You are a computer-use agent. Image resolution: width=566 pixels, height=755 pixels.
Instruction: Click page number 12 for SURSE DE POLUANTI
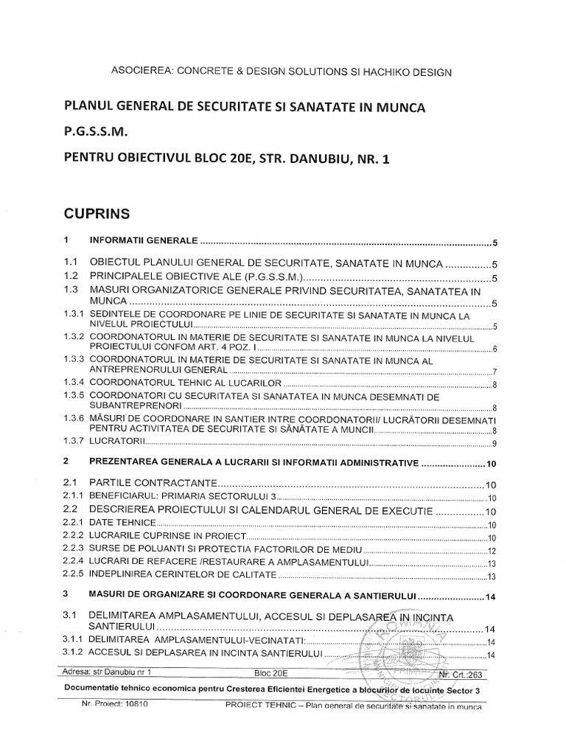(492, 551)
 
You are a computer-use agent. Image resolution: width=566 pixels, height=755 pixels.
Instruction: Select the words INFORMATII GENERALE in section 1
(143, 241)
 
